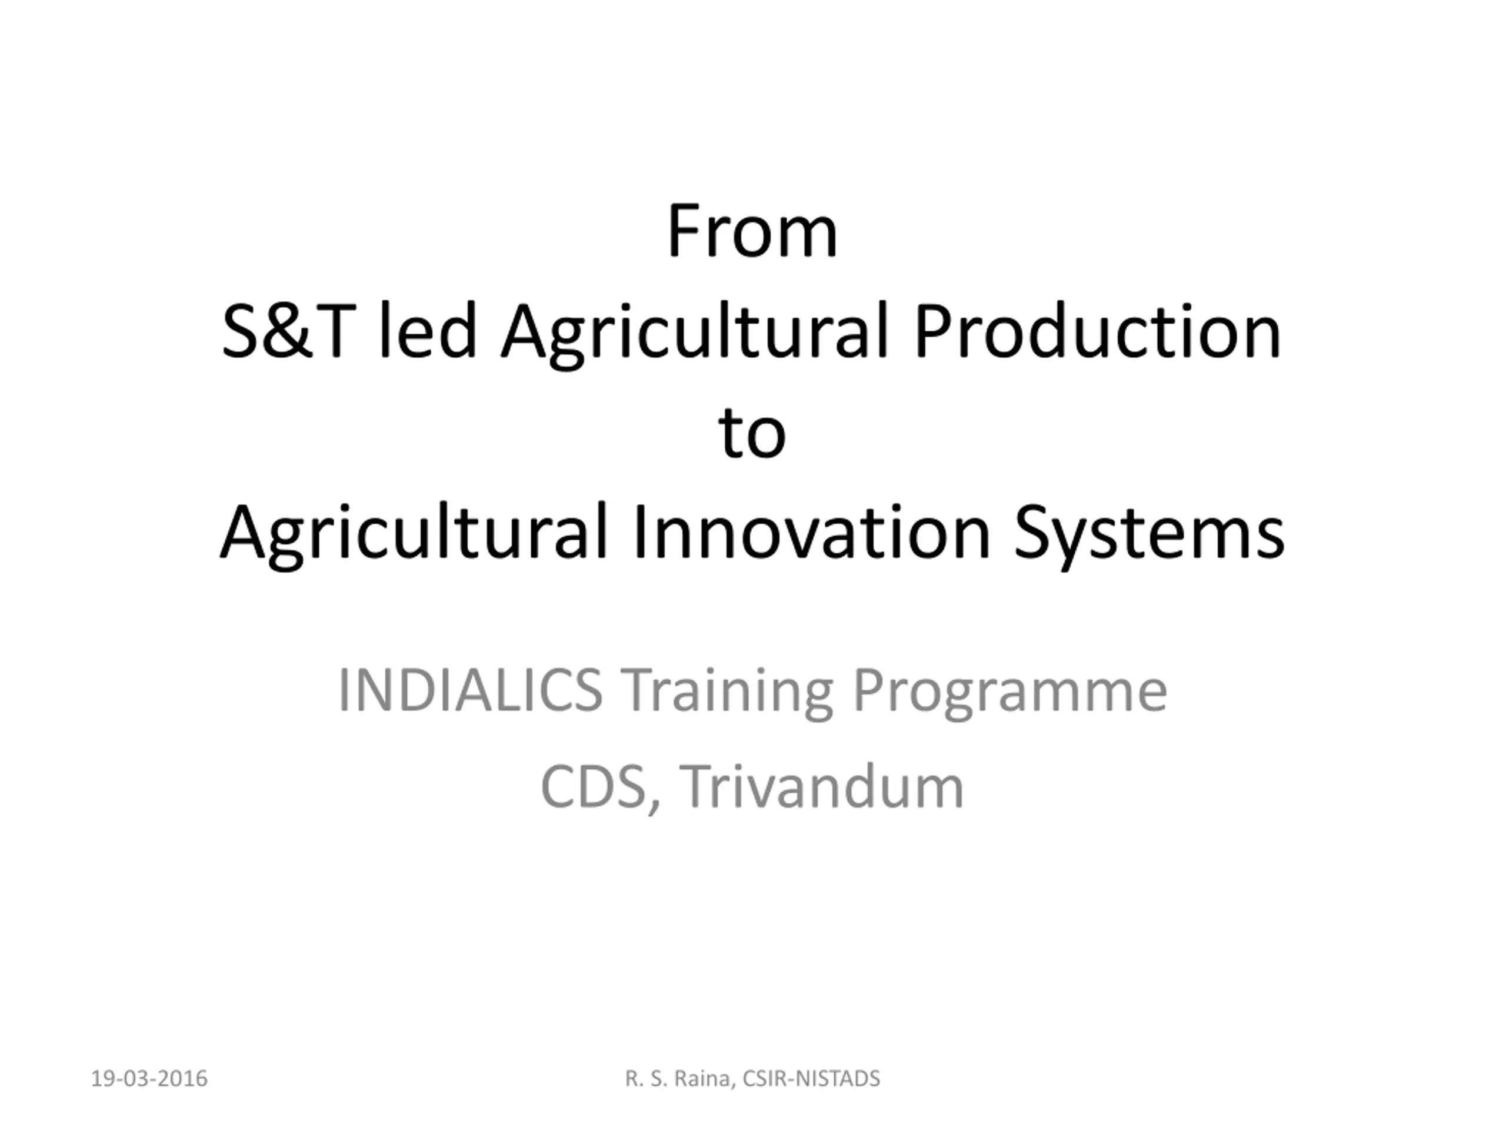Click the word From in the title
752,231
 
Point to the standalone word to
752,433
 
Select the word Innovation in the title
812,532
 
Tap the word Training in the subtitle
727,694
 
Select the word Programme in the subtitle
1010,694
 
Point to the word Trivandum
822,786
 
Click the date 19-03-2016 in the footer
149,1079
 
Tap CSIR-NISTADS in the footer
812,1079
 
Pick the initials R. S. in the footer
647,1079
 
